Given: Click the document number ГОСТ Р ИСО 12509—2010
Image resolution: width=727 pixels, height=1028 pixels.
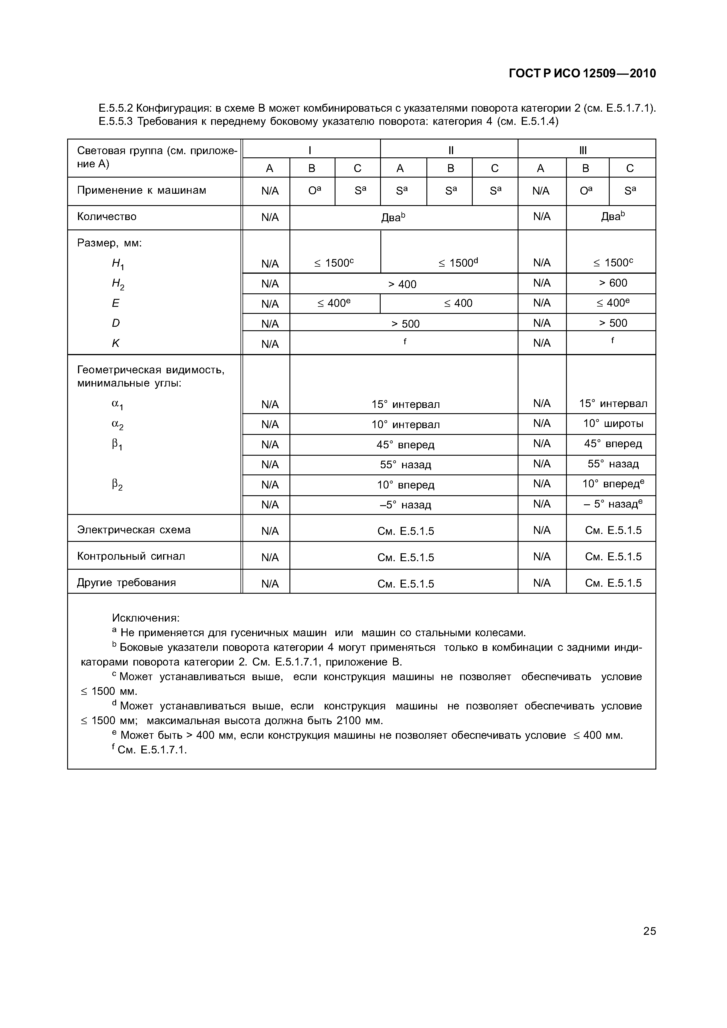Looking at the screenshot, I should tap(582, 74).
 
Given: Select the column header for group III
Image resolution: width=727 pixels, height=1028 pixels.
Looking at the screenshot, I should tap(583, 150).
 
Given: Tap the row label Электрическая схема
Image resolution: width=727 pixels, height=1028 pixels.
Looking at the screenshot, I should tap(133, 530).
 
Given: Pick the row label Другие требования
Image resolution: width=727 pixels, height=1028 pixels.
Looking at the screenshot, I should tap(126, 583).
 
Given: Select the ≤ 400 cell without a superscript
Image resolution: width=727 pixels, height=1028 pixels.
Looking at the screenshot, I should tap(458, 304).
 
